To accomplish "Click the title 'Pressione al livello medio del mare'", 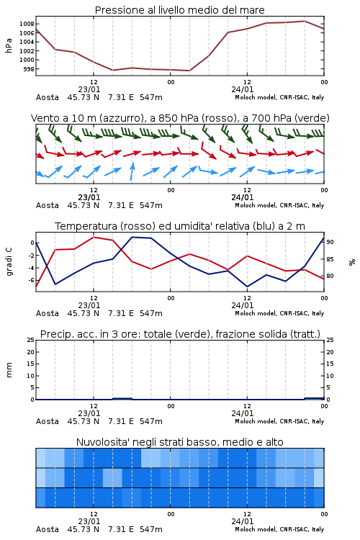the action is point(179,10).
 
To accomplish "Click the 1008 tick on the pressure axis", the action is point(27,24).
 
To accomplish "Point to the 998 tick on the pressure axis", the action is point(29,69).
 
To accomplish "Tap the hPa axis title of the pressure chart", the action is point(9,45).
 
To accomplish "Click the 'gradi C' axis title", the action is point(9,261).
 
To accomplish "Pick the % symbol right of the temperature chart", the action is point(352,262).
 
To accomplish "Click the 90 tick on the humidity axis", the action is point(330,243).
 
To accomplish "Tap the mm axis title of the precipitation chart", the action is point(9,370).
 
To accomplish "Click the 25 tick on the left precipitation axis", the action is point(30,341).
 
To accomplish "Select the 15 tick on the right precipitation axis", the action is point(330,364).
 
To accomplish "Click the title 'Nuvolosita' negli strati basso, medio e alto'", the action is point(179,442).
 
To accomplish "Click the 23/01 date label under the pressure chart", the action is point(89,89).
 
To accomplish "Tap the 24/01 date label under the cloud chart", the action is point(242,521).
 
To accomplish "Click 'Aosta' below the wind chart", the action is point(48,205).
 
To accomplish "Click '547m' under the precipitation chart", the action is point(151,421).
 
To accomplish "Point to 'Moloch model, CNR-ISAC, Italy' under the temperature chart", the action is point(279,313).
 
